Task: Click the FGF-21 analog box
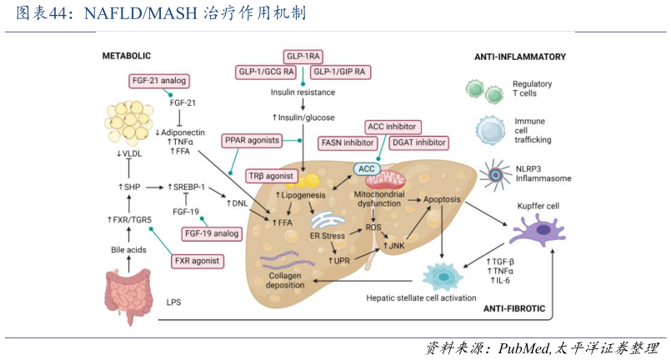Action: click(158, 81)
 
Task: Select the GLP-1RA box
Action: click(303, 57)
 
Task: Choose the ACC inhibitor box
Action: click(392, 127)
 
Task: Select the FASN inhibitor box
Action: click(348, 142)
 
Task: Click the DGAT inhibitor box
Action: click(419, 142)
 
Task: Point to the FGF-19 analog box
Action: click(212, 233)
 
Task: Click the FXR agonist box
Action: click(198, 261)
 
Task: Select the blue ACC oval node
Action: click(368, 169)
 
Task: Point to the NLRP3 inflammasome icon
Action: click(498, 175)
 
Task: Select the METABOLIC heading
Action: click(126, 56)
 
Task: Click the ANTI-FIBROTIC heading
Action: click(513, 308)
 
